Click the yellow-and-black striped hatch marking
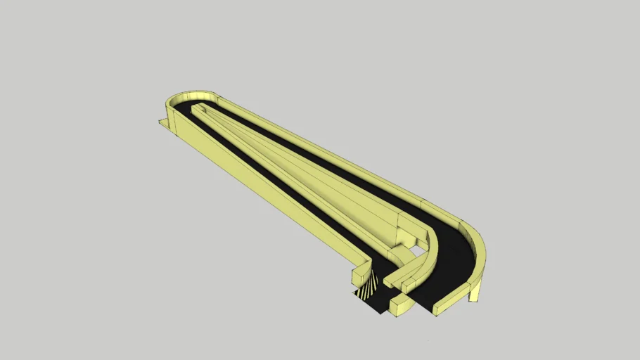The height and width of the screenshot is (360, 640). click(366, 288)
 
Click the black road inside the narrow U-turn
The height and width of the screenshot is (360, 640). click(185, 108)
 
